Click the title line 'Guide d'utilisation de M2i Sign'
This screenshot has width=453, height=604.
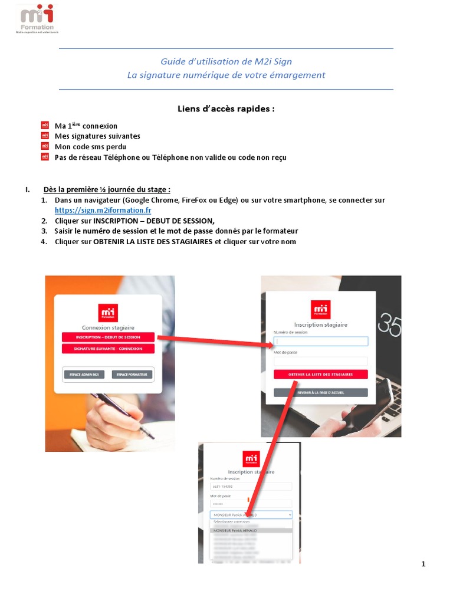[x=226, y=61]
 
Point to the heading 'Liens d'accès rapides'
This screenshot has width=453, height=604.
[x=226, y=109]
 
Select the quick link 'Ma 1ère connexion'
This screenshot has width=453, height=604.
[x=86, y=126]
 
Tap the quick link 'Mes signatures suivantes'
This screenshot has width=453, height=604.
[x=97, y=136]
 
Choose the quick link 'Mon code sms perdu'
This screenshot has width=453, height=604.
[x=90, y=147]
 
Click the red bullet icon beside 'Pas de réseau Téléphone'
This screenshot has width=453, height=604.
[x=45, y=157]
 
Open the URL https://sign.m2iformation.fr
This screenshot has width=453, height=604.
[x=103, y=211]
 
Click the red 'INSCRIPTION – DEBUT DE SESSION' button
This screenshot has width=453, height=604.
[x=108, y=337]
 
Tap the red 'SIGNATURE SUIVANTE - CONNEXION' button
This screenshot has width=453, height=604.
[x=108, y=349]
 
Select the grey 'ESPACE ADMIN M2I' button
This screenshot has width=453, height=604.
[x=84, y=374]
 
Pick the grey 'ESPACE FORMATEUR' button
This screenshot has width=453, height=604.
[x=132, y=374]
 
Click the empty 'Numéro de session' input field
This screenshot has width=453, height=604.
[x=321, y=341]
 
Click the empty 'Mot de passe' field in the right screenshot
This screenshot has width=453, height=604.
[x=321, y=360]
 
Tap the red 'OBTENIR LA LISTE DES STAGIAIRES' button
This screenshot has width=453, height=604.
[x=321, y=374]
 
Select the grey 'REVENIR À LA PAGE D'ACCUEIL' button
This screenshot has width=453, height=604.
[x=321, y=392]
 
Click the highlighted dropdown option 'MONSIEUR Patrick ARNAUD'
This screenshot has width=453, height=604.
[x=251, y=530]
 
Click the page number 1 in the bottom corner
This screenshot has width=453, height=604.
[x=424, y=564]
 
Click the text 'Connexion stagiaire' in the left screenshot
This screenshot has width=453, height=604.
[x=108, y=327]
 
